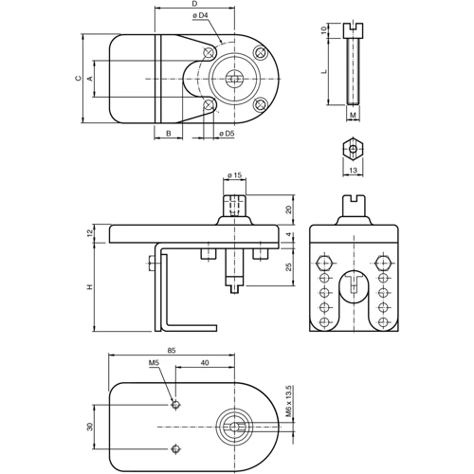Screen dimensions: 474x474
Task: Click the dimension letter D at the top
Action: pos(194,5)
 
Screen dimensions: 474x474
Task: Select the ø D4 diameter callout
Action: pos(199,16)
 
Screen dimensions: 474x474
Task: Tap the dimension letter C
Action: pos(79,79)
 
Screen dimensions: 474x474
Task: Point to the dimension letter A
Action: pos(91,79)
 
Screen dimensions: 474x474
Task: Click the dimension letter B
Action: pos(168,135)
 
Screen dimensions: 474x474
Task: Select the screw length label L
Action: pos(324,71)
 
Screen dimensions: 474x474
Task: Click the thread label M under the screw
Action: pos(353,117)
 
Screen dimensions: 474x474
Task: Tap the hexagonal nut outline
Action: pos(353,150)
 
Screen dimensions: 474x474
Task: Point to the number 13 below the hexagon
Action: pos(353,170)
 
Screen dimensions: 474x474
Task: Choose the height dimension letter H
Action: pos(88,287)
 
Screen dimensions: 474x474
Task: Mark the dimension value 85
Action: pos(171,350)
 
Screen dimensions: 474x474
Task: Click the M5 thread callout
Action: pos(154,363)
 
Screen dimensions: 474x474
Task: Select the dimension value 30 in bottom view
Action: pos(91,427)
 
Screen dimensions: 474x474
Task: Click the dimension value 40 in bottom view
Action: pos(204,363)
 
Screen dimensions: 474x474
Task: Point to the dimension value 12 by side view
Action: pos(88,233)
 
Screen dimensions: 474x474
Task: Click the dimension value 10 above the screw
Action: pos(324,30)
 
